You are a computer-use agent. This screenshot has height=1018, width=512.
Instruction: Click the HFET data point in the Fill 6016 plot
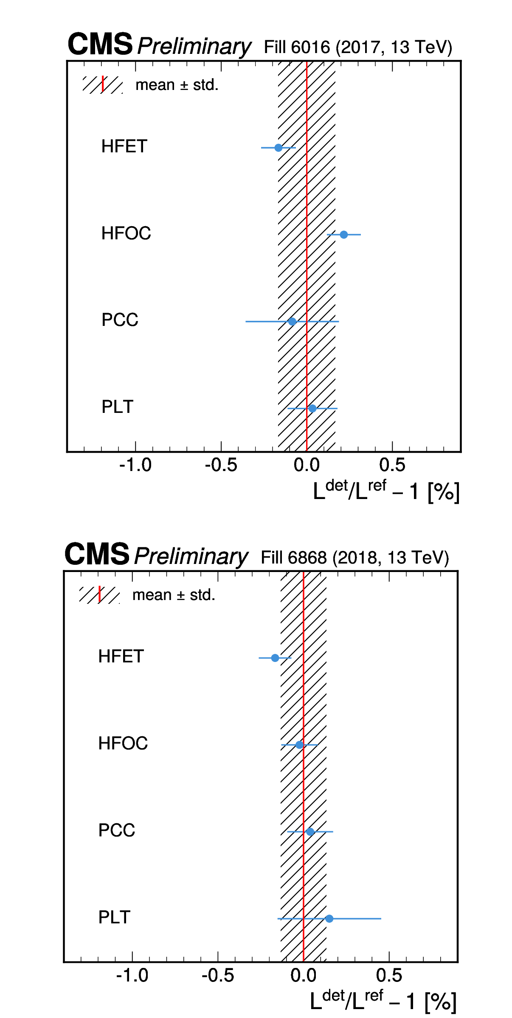click(x=279, y=148)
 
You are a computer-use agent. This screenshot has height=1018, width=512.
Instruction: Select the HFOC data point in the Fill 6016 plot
click(x=344, y=235)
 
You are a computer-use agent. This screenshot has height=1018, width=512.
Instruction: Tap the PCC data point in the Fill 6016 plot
click(x=292, y=322)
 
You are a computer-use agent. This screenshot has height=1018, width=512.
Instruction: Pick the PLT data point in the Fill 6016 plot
click(x=312, y=409)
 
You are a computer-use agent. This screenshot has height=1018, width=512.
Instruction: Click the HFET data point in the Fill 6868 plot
click(x=275, y=658)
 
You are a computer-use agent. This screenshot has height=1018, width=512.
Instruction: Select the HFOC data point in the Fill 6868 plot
click(x=300, y=745)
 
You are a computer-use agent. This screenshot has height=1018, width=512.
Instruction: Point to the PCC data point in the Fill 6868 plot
click(x=310, y=832)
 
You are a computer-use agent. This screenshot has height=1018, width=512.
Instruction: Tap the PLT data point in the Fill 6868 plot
click(x=329, y=919)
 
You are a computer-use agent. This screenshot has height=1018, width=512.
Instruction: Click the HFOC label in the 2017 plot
click(x=126, y=233)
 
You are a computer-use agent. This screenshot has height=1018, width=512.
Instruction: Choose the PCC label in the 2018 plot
click(x=117, y=830)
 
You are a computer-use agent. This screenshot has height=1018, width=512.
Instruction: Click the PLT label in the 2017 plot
click(x=118, y=407)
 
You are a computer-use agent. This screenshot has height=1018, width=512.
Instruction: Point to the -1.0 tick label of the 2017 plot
click(x=135, y=466)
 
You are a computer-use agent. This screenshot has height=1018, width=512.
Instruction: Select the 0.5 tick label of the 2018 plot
click(x=389, y=976)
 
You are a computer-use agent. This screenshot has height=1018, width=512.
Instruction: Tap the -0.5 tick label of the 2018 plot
click(x=218, y=976)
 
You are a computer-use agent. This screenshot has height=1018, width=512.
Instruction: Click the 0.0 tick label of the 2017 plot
click(x=307, y=466)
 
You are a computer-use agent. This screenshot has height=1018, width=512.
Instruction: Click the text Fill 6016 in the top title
click(x=297, y=47)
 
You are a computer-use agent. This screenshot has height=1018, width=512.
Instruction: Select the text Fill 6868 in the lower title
click(x=294, y=558)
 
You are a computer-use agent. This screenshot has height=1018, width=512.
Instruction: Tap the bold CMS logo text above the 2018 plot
click(x=97, y=554)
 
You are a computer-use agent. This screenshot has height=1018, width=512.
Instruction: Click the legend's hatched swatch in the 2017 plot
click(x=103, y=84)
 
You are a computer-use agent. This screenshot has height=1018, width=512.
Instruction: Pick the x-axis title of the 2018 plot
click(x=383, y=1001)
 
